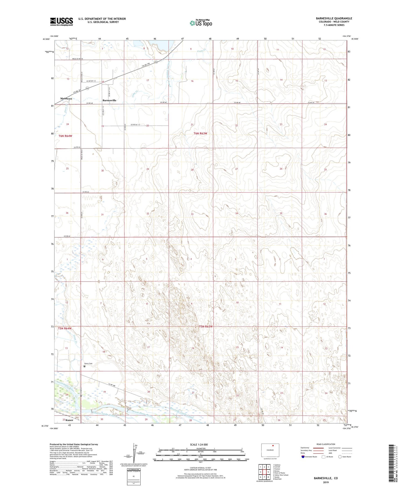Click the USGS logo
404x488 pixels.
tap(61, 22)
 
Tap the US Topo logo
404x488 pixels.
tap(201, 23)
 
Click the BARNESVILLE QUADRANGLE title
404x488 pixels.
tap(330, 18)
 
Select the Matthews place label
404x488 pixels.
tap(66, 99)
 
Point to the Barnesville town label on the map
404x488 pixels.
tap(109, 100)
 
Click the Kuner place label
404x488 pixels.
tap(69, 420)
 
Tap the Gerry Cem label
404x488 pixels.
tap(88, 364)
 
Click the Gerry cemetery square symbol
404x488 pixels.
tap(84, 366)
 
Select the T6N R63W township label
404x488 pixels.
tap(200, 134)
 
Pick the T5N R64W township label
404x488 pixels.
tap(65, 328)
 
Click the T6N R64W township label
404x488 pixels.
tap(65, 136)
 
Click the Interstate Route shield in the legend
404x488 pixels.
tap(303, 457)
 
